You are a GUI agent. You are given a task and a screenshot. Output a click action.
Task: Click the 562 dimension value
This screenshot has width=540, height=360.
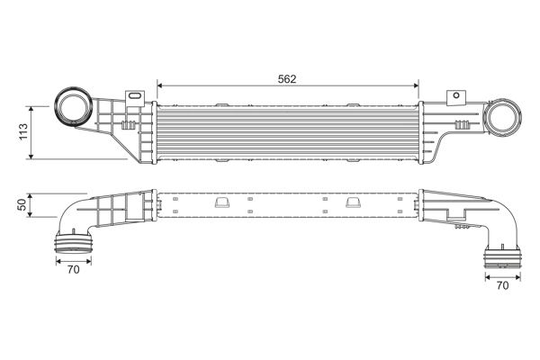(x=287, y=78)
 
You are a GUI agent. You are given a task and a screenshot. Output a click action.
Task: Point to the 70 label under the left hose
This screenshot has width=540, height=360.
(x=73, y=268)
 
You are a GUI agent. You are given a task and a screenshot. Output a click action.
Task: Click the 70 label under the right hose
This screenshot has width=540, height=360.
(x=502, y=286)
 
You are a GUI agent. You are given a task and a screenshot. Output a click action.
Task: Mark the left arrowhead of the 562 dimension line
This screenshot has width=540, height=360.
(x=160, y=86)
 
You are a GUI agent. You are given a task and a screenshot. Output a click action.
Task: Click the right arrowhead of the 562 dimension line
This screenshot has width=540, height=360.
(x=416, y=86)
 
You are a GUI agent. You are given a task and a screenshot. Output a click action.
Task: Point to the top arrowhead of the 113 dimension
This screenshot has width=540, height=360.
(x=33, y=104)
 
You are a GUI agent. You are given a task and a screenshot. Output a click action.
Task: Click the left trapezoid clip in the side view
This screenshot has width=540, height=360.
(x=220, y=202)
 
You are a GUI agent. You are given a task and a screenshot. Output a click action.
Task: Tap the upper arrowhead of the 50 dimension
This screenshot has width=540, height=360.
(x=33, y=194)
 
